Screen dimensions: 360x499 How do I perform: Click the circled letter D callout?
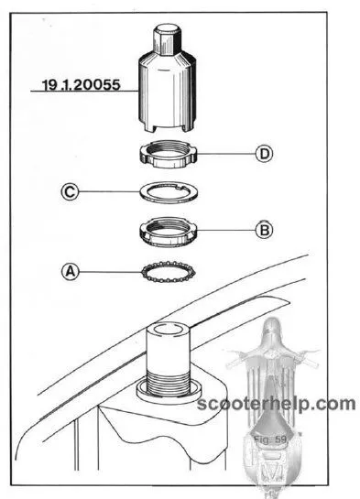264,154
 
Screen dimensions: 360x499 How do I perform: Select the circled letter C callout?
70,192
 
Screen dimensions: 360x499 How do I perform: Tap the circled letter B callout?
264,230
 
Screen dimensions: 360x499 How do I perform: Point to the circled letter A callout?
71,272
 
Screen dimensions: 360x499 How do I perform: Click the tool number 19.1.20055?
82,84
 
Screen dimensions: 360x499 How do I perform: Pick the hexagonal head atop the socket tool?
167,39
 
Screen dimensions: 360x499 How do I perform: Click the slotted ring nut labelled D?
169,154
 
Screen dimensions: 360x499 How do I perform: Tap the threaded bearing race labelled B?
168,233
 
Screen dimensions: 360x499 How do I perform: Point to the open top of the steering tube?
168,329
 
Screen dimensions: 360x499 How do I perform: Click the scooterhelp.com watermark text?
277,404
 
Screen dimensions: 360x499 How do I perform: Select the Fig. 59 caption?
270,439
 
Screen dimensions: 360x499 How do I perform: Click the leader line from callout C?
109,191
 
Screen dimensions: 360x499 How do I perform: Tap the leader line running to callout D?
226,154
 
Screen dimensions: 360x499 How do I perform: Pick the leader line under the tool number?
84,92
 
